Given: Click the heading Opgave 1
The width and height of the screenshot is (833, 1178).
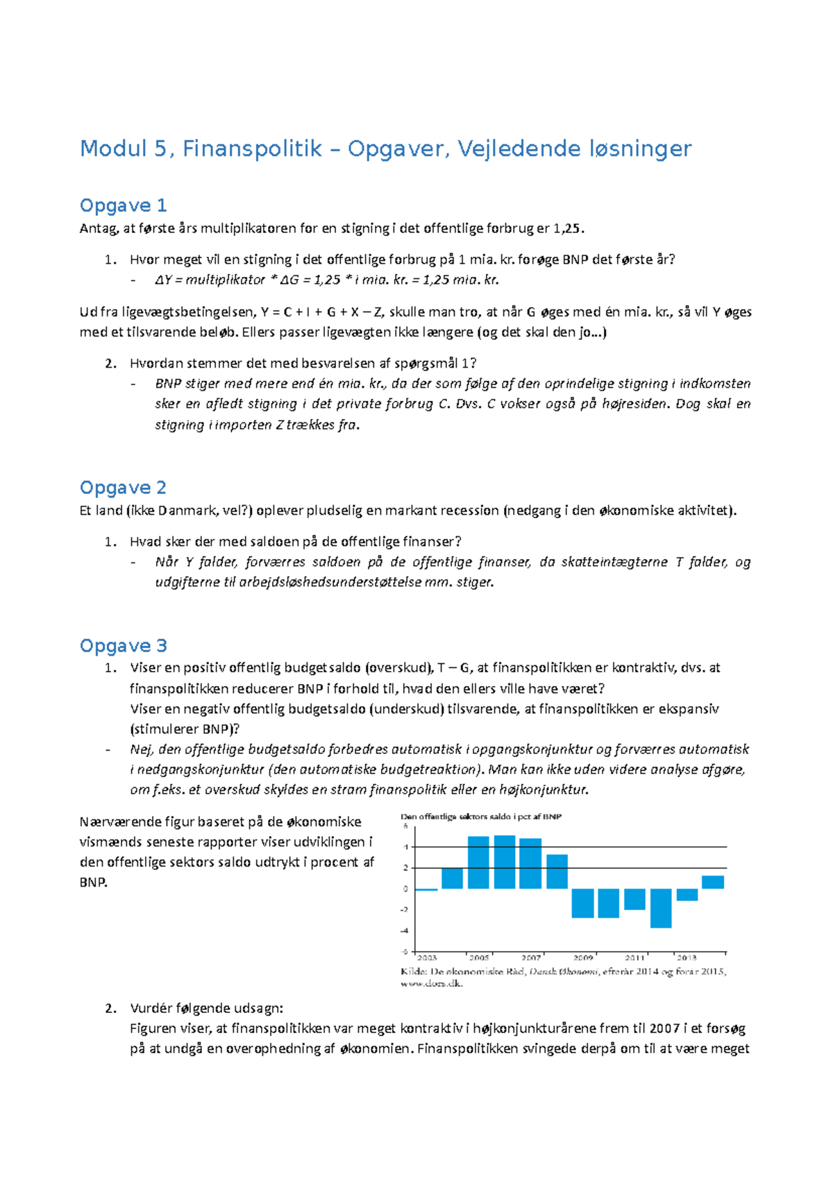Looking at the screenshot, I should pyautogui.click(x=123, y=205).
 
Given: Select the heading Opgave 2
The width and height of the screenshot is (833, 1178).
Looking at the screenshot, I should pyautogui.click(x=123, y=488).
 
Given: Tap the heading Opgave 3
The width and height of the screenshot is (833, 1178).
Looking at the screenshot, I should pyautogui.click(x=123, y=646).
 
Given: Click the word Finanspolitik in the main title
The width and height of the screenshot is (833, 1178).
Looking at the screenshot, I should pyautogui.click(x=252, y=148).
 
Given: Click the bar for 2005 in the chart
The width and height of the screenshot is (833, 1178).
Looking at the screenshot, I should pyautogui.click(x=478, y=862).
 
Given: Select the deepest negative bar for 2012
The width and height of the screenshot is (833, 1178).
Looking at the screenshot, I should pyautogui.click(x=661, y=908).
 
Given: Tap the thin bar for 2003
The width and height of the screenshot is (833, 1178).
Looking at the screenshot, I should pyautogui.click(x=426, y=889).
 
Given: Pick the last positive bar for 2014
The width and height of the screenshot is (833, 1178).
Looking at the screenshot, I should pyautogui.click(x=713, y=882).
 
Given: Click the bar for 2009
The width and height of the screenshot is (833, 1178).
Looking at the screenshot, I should pyautogui.click(x=583, y=903).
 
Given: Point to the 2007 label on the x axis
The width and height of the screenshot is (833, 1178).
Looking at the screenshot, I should pyautogui.click(x=531, y=958).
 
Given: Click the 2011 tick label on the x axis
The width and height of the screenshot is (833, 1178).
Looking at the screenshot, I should pyautogui.click(x=634, y=958).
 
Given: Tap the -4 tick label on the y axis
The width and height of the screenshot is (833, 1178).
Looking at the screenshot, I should pyautogui.click(x=405, y=931).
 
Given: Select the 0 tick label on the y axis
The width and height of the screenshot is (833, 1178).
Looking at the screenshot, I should pyautogui.click(x=405, y=889).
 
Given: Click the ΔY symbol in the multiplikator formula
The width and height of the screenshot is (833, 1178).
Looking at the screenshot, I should pyautogui.click(x=163, y=280).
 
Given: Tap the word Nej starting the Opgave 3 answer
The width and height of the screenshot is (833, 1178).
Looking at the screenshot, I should pyautogui.click(x=141, y=749).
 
